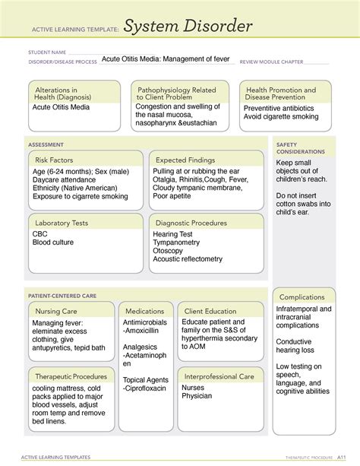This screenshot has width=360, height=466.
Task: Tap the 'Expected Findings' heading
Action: pos(185,160)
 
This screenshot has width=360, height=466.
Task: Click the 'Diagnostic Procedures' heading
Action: pos(191,223)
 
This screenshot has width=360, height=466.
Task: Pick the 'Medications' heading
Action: pos(145,312)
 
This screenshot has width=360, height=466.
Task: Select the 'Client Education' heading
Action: pos(210,312)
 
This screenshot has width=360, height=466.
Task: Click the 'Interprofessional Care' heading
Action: pos(219,376)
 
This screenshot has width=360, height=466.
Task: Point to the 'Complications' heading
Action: pos(302,297)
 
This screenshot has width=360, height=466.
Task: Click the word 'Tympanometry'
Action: pos(177,243)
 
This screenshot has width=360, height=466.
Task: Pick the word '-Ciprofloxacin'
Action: pos(146,388)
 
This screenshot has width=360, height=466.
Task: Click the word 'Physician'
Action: pos(198,396)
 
